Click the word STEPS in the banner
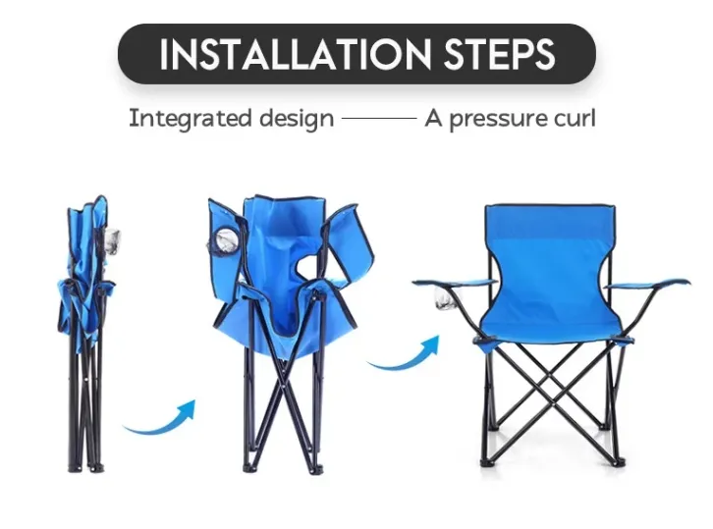point(499,54)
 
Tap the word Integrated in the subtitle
point(191,119)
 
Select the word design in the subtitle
point(297,119)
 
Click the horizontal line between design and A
point(379,118)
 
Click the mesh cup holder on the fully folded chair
point(112,241)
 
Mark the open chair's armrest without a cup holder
point(645,285)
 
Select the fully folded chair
point(87,334)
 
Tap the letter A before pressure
point(433,118)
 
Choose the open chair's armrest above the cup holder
point(455,283)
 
